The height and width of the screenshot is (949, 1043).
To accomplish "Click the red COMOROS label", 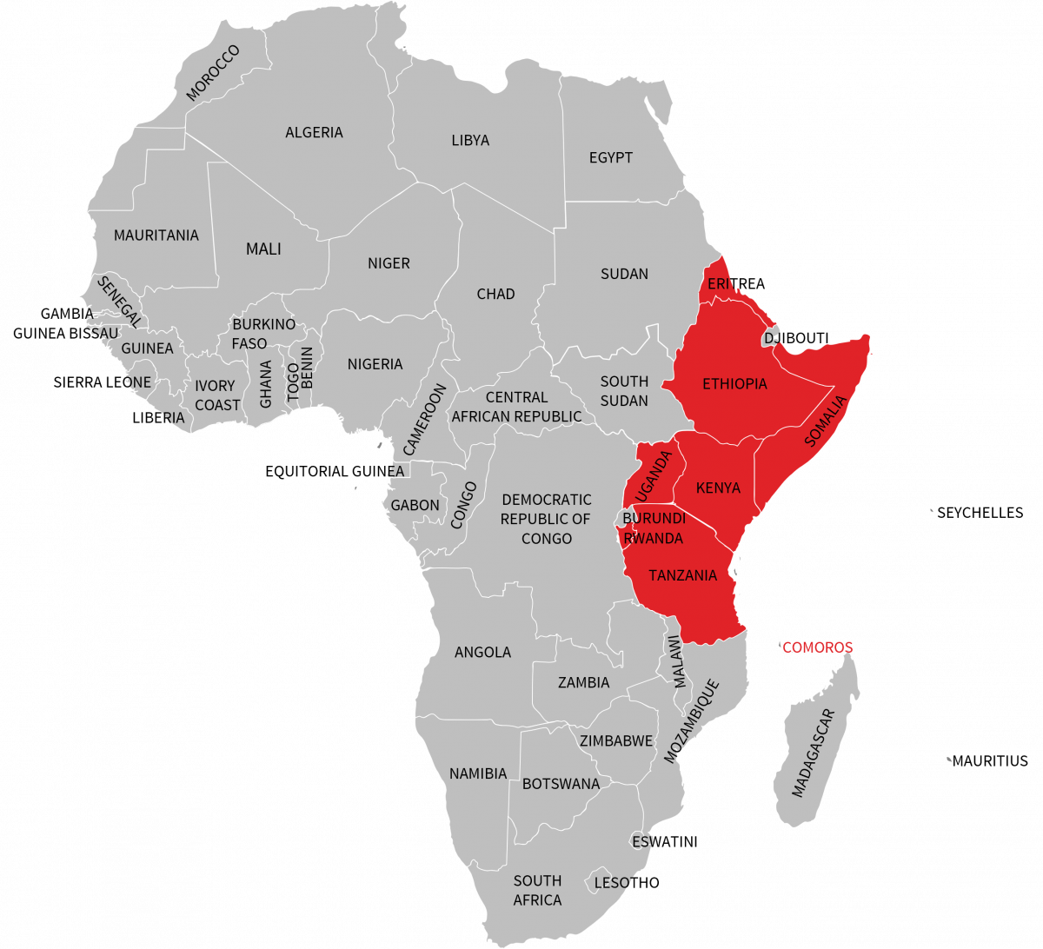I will (817, 647).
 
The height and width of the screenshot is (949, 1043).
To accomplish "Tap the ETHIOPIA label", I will (734, 383).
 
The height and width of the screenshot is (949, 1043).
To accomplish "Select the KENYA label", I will (718, 488).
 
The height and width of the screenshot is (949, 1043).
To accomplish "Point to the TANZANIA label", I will (682, 575).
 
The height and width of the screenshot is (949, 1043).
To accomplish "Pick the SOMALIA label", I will (824, 421).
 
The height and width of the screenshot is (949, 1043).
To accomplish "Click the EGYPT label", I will (610, 157).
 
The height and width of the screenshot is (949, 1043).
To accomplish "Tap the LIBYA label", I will (470, 140).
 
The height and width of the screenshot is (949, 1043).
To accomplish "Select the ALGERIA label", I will (314, 132).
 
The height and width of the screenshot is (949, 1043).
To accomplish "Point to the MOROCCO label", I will (213, 74).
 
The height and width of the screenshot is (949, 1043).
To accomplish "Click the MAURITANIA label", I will (156, 236).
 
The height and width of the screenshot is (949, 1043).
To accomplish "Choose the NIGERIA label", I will (375, 364).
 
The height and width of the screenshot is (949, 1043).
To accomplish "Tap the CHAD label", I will (495, 294).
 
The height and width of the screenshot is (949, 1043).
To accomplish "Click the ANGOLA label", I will (482, 652).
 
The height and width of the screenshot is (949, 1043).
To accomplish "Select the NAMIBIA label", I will (477, 773).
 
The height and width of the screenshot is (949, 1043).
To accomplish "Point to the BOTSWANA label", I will (561, 784).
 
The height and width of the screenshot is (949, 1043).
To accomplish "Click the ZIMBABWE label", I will (615, 741).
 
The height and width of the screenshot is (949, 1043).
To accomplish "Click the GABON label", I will (415, 505).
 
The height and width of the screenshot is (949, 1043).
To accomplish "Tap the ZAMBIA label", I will (583, 682).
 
